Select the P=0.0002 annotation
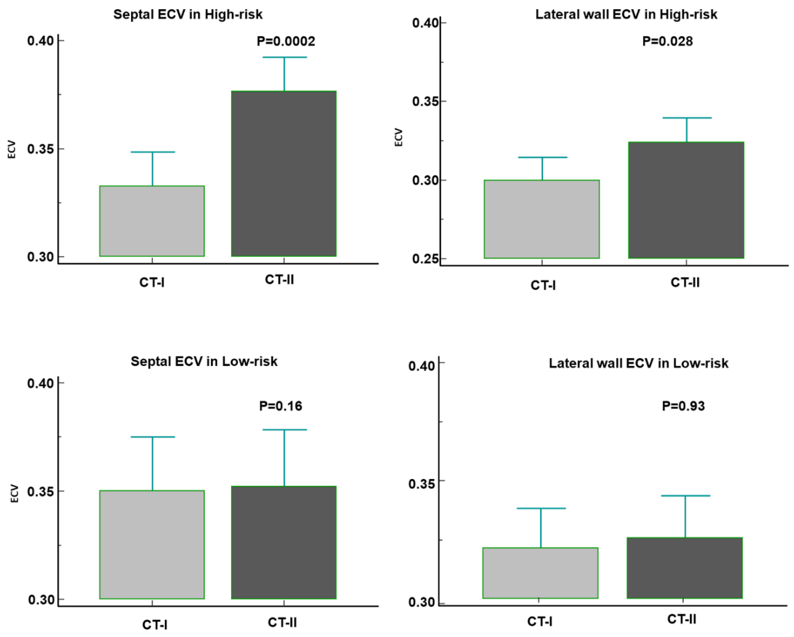(x=286, y=41)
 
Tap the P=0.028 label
(x=667, y=41)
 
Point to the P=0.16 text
(x=281, y=406)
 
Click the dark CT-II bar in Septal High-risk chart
(x=284, y=173)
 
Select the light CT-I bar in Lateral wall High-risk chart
(x=541, y=219)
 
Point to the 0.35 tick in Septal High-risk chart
(x=40, y=149)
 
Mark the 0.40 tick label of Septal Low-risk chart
(x=40, y=383)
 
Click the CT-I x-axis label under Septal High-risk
(x=152, y=283)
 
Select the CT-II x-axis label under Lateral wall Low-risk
(x=682, y=619)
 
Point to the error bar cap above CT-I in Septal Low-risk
(x=152, y=437)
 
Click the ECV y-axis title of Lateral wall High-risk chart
(x=398, y=137)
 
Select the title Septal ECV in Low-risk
(x=204, y=361)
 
